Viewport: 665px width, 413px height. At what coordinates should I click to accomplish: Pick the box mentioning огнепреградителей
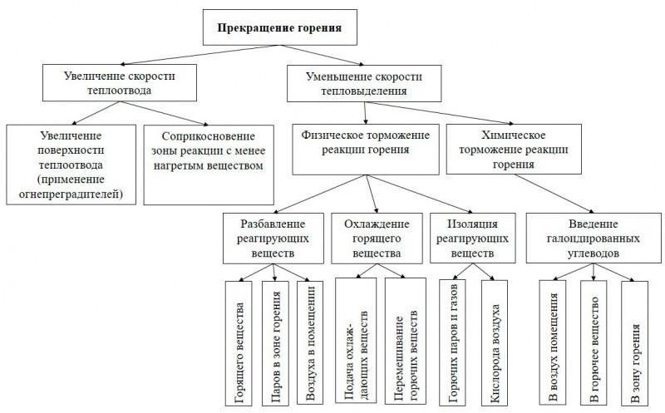click(68, 165)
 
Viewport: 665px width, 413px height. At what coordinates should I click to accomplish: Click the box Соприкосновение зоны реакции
click(208, 165)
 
